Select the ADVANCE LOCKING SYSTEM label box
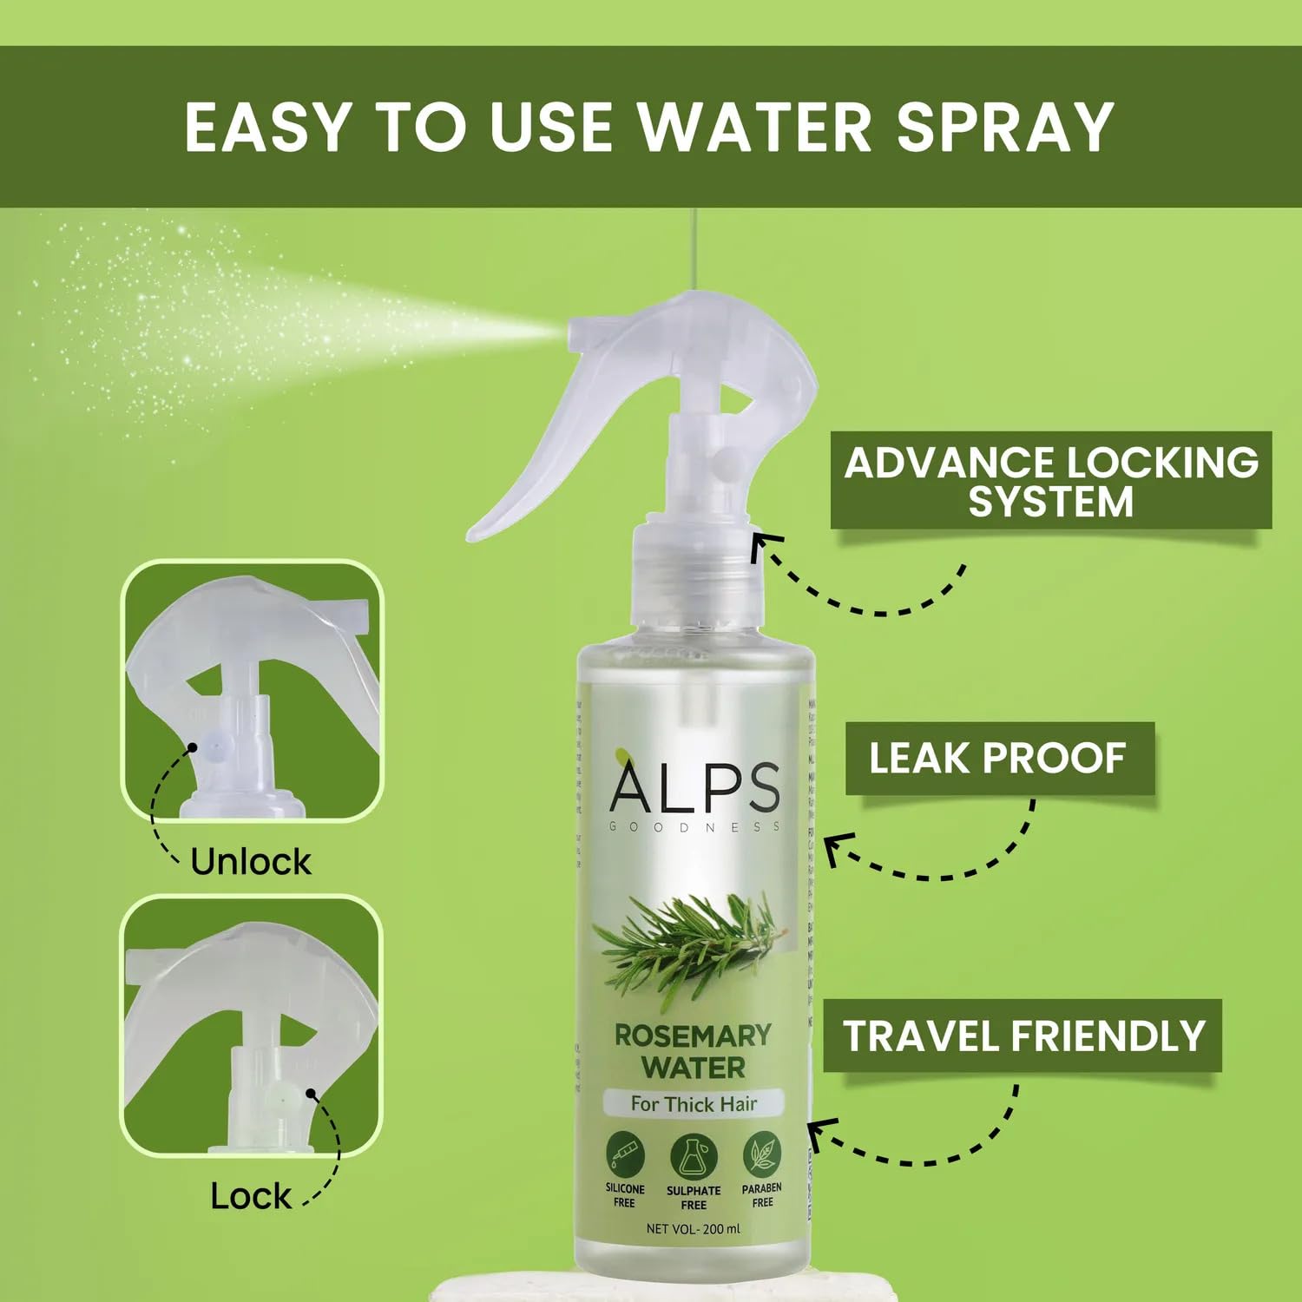click(1050, 481)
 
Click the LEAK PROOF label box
click(999, 758)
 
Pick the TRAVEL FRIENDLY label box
click(1023, 1036)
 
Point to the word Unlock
click(250, 862)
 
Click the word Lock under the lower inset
click(250, 1196)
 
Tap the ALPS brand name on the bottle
click(694, 787)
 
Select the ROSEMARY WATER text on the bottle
click(693, 1051)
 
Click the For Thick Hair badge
click(694, 1104)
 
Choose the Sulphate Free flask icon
click(694, 1155)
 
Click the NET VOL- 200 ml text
click(694, 1228)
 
